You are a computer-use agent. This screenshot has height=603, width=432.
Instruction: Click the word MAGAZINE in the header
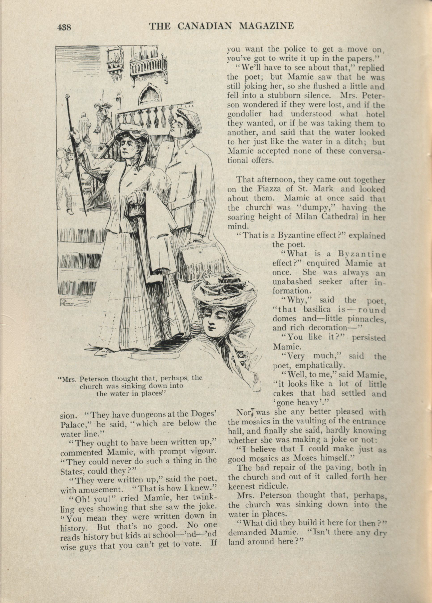point(267,26)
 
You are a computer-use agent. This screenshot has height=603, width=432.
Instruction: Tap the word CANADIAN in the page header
point(205,26)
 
